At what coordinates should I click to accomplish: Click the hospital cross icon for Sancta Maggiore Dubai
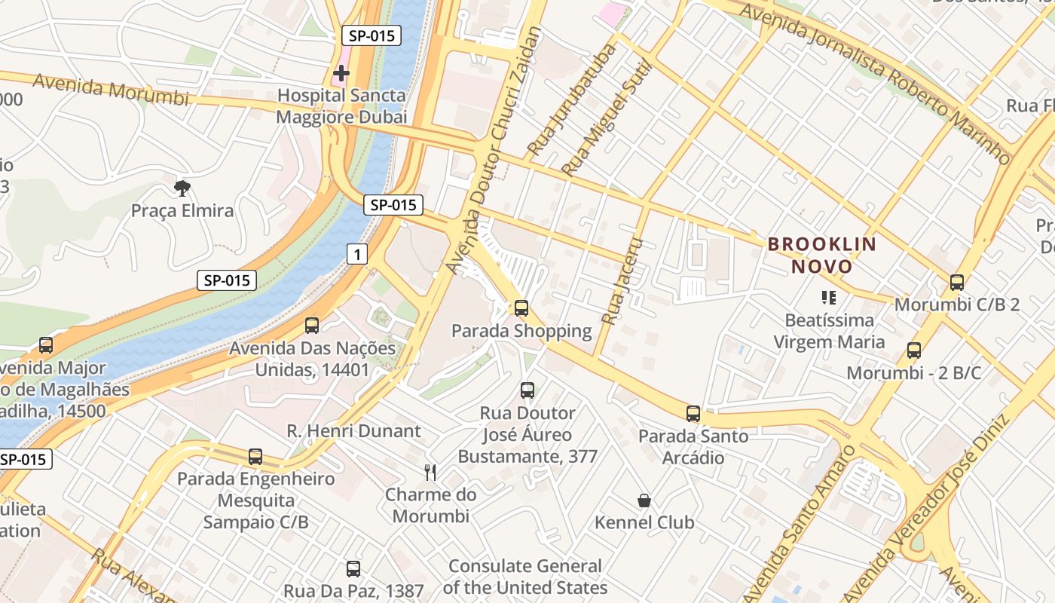point(341,73)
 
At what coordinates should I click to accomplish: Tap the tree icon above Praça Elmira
point(182,188)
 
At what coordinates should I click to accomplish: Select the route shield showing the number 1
point(356,255)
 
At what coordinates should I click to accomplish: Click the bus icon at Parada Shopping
point(521,308)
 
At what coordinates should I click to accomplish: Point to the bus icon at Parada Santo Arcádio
point(693,413)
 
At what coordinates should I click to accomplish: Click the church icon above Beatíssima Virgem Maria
point(829,298)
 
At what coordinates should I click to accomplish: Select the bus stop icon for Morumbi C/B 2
point(956,283)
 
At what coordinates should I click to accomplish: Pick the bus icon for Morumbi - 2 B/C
point(913,350)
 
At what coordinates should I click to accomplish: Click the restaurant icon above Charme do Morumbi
point(430,473)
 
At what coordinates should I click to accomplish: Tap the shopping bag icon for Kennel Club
point(644,500)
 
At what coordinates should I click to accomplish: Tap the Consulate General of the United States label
point(525,577)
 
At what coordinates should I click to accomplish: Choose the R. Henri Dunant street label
point(353,431)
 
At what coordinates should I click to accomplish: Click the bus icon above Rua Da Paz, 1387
point(353,569)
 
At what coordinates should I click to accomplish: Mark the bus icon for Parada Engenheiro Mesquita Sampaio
point(255,457)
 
